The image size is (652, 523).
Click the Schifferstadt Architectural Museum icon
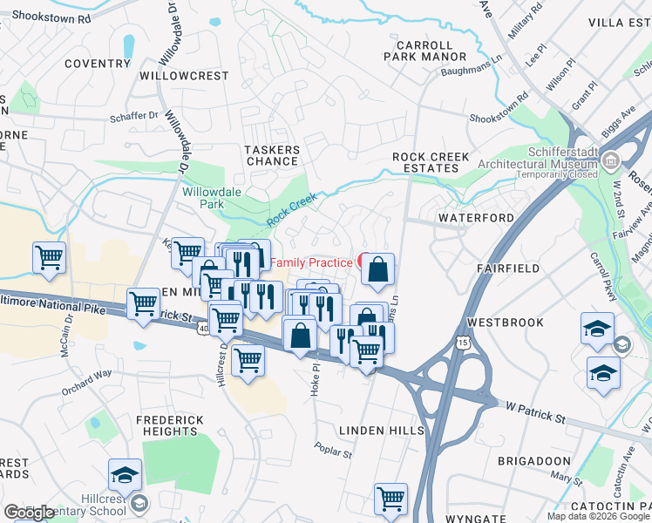coord(610,160)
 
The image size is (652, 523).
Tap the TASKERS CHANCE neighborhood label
coord(273,156)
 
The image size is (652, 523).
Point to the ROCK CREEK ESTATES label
coord(431,163)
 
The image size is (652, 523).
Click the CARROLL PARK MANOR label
coord(424,51)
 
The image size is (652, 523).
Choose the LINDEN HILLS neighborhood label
coord(381,431)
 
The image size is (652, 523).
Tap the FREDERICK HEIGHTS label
coord(169,425)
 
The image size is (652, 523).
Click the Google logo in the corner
coord(29,513)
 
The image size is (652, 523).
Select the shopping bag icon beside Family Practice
coord(377,271)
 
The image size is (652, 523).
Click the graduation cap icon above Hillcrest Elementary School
coord(126,475)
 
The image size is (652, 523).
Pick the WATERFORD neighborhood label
coord(472,217)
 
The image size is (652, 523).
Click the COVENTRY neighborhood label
coord(97,64)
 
